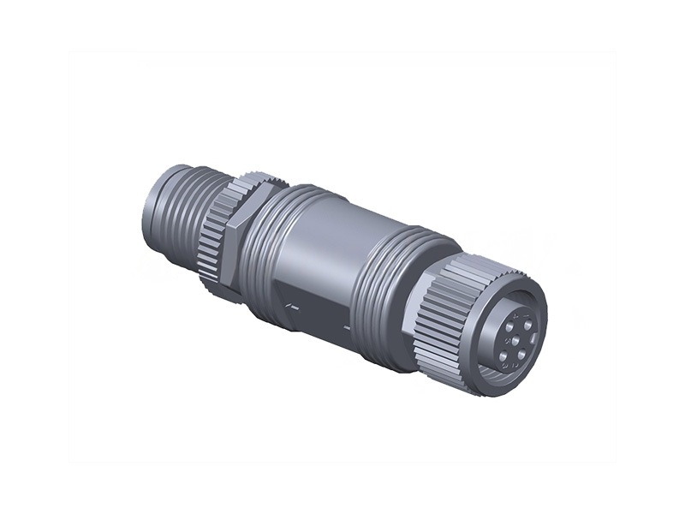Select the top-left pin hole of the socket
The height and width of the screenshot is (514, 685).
pos(509,326)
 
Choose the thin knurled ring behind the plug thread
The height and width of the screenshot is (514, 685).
pos(214,231)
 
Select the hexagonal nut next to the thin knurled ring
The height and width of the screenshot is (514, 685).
pos(235,240)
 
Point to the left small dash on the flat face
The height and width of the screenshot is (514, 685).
pos(292,304)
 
